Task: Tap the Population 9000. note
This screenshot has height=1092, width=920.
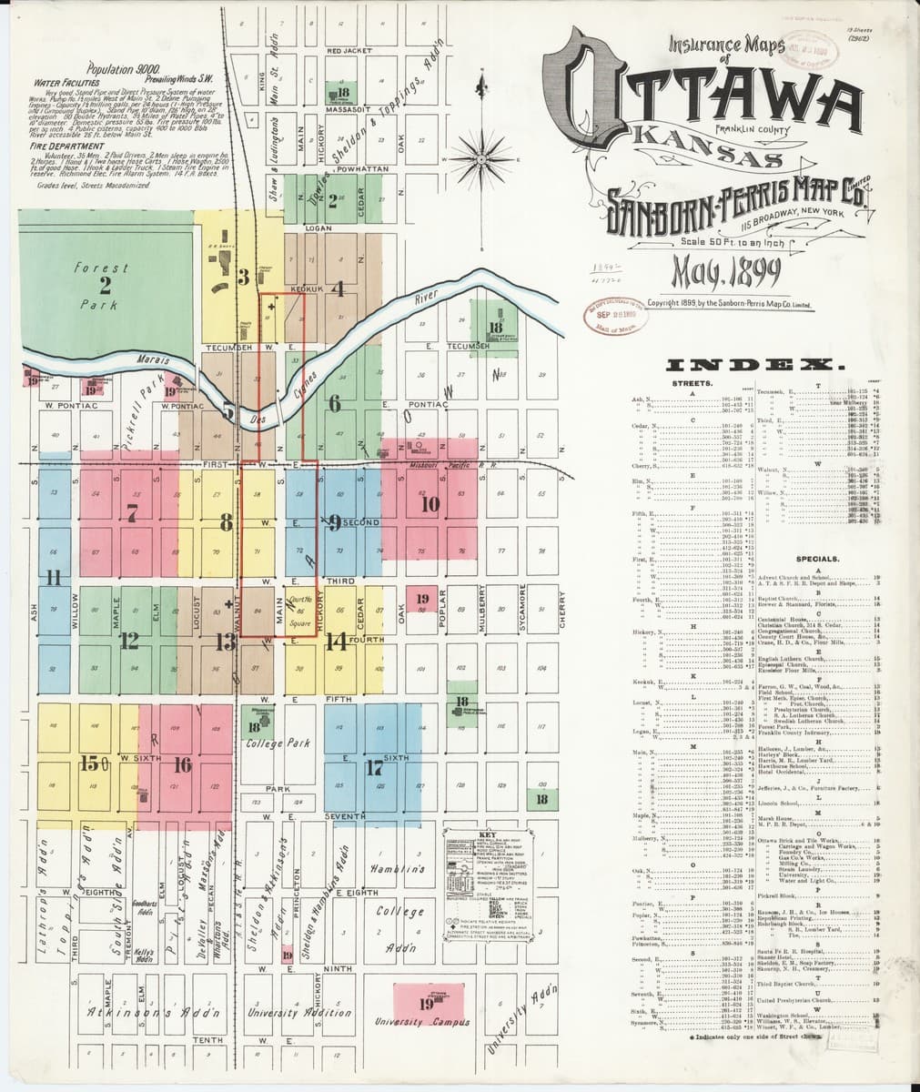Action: coord(122,69)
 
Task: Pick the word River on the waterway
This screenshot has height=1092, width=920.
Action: coord(426,298)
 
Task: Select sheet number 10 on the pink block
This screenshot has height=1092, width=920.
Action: coord(430,504)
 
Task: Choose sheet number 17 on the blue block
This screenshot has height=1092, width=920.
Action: coord(373,767)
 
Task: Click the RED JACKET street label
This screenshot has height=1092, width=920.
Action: coord(349,51)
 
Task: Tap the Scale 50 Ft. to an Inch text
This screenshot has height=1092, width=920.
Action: coord(725,241)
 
